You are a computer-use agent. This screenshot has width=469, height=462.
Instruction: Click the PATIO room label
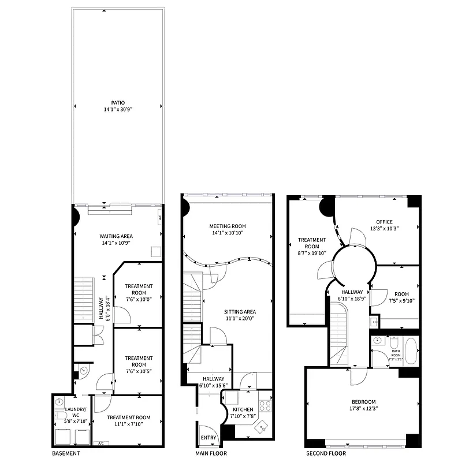[x=118, y=103]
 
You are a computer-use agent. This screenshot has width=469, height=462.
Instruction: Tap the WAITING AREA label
[x=116, y=236]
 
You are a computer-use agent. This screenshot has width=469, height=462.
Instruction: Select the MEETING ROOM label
[x=228, y=226]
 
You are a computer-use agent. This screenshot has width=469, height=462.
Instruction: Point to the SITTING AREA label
[x=239, y=312]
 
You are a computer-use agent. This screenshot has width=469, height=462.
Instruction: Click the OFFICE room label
[x=384, y=222]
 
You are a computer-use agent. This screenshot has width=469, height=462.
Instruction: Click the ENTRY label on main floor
[x=209, y=438]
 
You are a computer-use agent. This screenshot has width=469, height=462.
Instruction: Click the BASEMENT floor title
[x=65, y=454]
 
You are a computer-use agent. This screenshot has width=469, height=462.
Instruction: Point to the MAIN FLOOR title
[x=210, y=454]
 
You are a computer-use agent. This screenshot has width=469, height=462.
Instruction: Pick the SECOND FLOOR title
[x=327, y=454]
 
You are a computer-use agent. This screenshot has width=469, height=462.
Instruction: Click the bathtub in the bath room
[x=411, y=352]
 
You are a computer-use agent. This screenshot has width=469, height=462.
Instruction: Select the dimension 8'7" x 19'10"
[x=312, y=253]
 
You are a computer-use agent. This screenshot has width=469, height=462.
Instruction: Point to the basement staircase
[x=83, y=299]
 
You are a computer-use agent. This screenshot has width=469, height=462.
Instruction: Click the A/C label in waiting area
[x=159, y=218]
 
